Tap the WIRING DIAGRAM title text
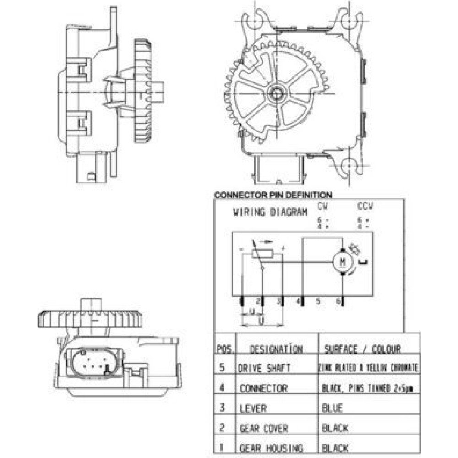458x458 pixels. pos(270,212)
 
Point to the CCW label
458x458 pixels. pos(365,207)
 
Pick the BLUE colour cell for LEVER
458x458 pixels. pos(333,408)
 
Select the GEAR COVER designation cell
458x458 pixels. pos(263,429)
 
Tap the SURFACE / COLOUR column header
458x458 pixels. pos(362,349)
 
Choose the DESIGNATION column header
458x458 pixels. pos(276,349)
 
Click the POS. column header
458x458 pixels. pos(224,349)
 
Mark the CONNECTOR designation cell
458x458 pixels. pos(263,388)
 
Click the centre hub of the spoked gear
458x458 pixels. pos(276,93)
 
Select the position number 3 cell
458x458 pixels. pos(222,408)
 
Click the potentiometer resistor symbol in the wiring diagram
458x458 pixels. pos(262,254)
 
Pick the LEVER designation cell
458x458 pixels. pos(253,408)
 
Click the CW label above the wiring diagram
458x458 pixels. pos(323,207)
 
